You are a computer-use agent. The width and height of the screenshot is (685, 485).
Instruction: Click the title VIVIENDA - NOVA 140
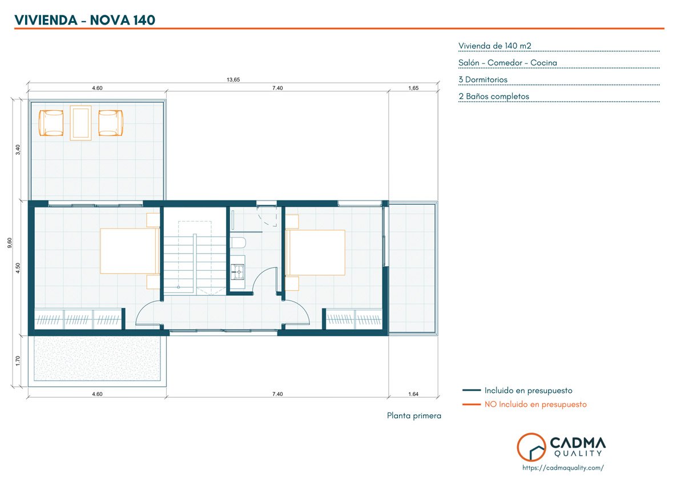click(84, 20)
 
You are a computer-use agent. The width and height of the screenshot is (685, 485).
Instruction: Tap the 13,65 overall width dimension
click(233, 79)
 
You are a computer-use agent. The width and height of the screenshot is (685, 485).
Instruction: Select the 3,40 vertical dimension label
click(18, 149)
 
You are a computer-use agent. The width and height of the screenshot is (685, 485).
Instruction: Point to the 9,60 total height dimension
click(10, 243)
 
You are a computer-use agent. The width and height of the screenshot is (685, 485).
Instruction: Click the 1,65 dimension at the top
click(413, 88)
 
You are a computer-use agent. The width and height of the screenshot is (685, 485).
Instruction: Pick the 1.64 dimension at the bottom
click(413, 394)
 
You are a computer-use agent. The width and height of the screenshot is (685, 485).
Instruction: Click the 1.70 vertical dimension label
click(18, 361)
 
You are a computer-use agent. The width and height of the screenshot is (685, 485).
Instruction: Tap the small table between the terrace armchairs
click(80, 123)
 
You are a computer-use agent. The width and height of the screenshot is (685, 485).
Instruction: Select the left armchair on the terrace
click(51, 123)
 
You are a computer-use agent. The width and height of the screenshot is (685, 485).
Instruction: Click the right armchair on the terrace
click(110, 123)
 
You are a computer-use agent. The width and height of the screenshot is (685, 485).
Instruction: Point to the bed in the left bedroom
click(130, 251)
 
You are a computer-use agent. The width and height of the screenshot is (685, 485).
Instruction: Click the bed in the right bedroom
click(315, 252)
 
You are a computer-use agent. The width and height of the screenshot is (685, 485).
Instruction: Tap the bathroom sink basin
click(237, 272)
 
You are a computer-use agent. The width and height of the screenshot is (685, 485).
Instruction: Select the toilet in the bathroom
click(238, 243)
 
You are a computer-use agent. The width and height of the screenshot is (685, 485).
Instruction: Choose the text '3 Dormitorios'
click(483, 79)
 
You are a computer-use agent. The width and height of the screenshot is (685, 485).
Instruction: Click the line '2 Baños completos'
click(494, 97)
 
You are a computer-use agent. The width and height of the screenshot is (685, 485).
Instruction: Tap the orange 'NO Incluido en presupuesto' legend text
click(535, 404)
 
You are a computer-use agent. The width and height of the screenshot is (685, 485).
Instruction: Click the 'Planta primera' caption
click(414, 415)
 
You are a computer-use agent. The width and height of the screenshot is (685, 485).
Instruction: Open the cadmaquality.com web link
click(563, 468)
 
